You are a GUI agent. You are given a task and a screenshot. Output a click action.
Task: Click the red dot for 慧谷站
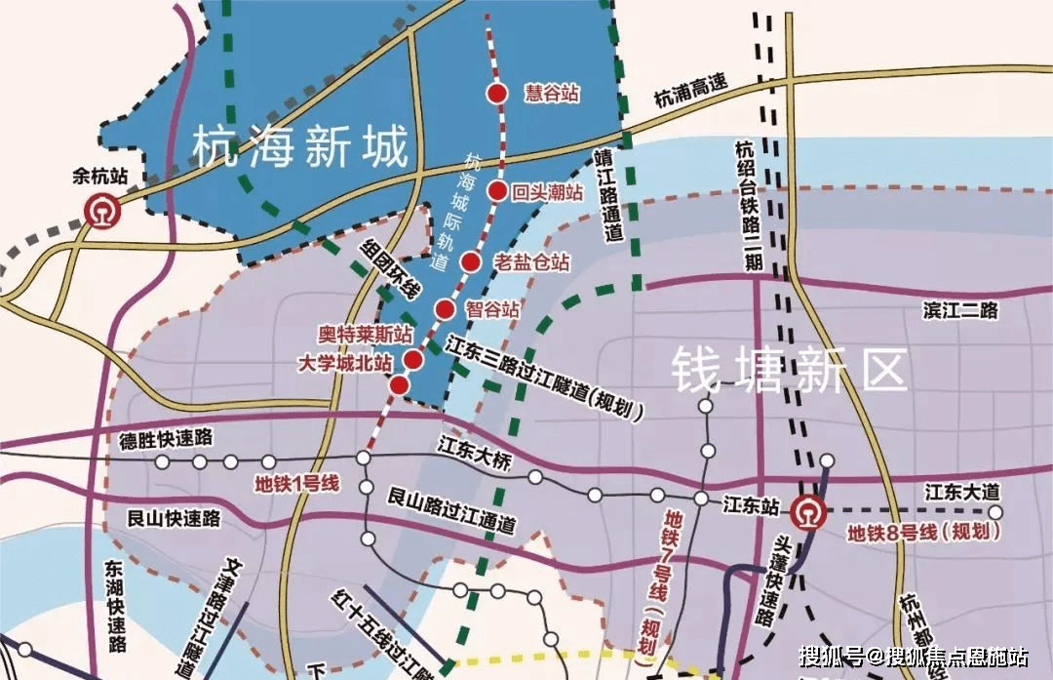pos(497,94)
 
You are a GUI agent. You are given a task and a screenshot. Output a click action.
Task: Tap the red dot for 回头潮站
pos(497,191)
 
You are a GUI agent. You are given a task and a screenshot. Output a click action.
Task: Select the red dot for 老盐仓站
pos(472,261)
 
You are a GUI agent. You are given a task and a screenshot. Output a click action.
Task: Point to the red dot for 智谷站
pos(445,310)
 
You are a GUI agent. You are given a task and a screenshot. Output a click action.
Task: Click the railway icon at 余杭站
pos(101,211)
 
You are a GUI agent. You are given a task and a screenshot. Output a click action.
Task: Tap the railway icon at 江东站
pos(808,510)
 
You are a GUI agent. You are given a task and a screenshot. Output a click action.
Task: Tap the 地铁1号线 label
pos(295,482)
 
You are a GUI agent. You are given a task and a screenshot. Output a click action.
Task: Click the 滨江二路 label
pos(961,310)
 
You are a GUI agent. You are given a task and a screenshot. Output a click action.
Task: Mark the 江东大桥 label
pos(474,456)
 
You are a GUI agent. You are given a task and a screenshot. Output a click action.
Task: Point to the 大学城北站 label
pos(345,362)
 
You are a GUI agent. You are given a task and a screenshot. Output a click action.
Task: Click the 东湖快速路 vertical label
pos(116,606)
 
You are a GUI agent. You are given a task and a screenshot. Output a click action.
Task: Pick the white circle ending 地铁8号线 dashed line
pos(994,511)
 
